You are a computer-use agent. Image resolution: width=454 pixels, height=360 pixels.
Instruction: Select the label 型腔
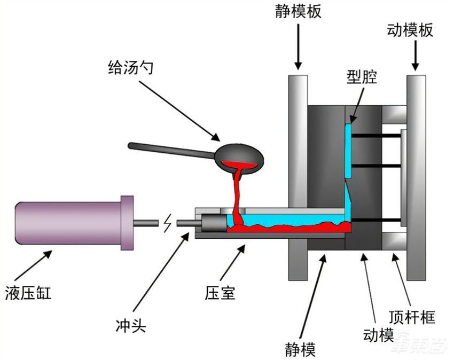pyautogui.click(x=361, y=79)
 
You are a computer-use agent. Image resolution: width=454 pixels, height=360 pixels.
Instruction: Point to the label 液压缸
pyautogui.click(x=28, y=293)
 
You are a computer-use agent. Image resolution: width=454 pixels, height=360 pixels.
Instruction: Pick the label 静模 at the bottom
pyautogui.click(x=301, y=350)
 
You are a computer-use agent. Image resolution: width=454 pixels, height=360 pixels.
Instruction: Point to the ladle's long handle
pyautogui.click(x=171, y=150)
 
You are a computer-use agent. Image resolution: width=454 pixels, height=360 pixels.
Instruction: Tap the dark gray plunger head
pyautogui.click(x=213, y=223)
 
